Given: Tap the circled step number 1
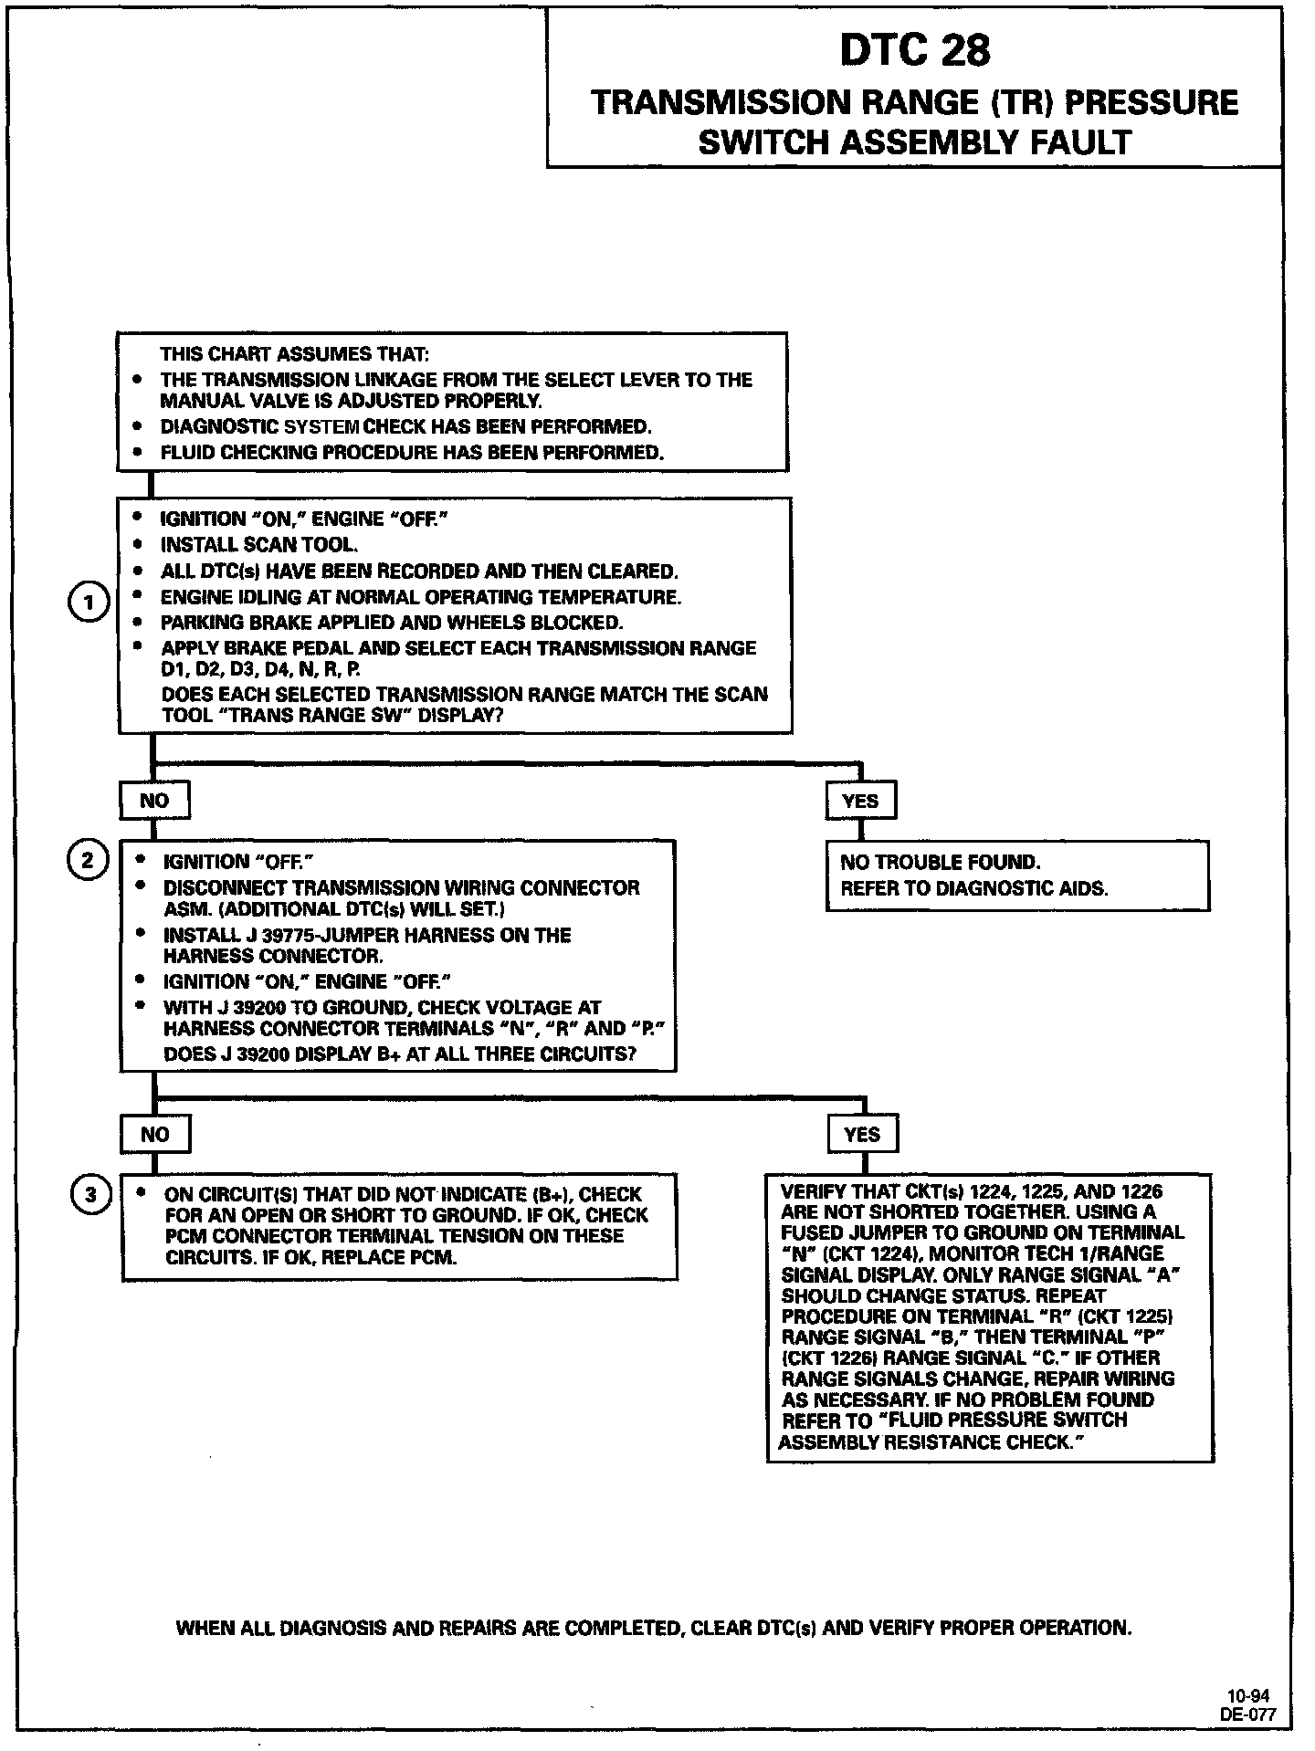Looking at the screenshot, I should (89, 603).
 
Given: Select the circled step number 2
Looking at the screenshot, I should (89, 861).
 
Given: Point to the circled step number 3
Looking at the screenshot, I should (90, 1194).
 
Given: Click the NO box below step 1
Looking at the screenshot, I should (154, 801).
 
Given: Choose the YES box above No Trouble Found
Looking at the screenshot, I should (860, 801).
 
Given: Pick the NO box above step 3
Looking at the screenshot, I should (155, 1134).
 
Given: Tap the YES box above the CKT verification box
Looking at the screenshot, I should (862, 1134).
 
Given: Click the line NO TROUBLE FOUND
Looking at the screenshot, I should (940, 863).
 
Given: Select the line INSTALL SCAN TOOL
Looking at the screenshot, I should (259, 545).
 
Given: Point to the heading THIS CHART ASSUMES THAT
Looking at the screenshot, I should (294, 354).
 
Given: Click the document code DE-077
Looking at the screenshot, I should (1248, 1714).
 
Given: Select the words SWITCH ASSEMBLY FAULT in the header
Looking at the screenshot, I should (914, 143).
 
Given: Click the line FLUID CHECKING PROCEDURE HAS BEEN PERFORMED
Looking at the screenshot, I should (412, 453).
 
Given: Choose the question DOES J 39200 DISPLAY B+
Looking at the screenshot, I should (399, 1054).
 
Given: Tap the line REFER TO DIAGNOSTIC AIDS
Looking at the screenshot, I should (973, 888).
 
